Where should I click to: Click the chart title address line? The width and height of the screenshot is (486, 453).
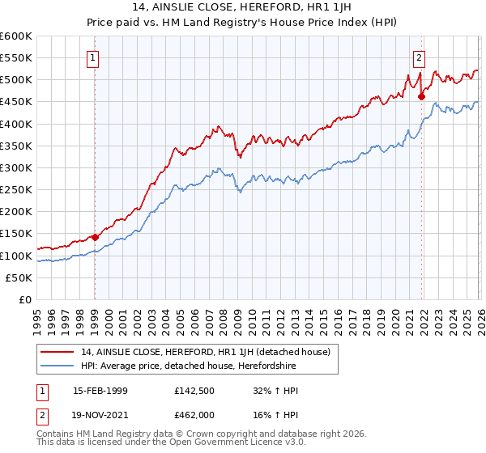[x=242, y=10]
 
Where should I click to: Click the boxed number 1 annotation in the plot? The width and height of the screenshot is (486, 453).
[x=95, y=57]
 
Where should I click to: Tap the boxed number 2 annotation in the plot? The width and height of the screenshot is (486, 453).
[x=419, y=57]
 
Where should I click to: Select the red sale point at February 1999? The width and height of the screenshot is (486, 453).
[x=96, y=237]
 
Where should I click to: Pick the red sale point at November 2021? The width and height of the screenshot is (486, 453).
[x=421, y=96]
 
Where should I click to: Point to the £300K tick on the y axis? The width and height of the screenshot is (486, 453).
[x=15, y=167]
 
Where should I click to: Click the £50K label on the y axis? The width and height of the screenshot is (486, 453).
[x=19, y=277]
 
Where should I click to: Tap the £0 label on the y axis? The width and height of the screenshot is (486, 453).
[x=25, y=299]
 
